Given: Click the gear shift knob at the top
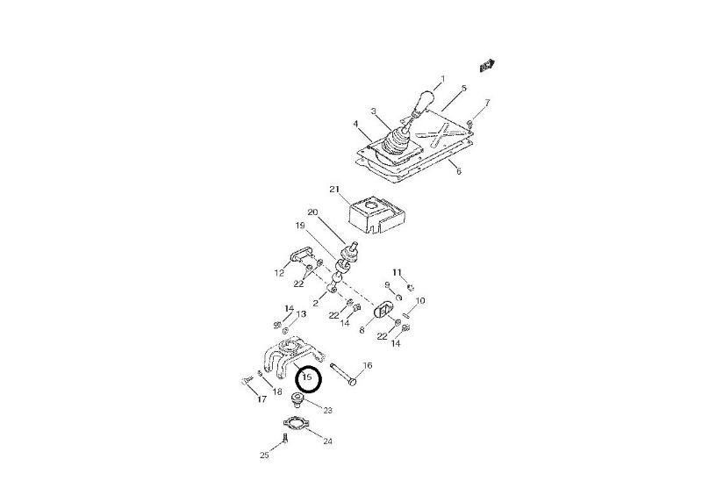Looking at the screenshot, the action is tap(424, 102).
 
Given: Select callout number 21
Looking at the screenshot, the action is tap(334, 189).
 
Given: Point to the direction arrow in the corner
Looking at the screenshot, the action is tap(486, 65).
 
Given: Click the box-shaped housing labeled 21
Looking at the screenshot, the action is tap(376, 214).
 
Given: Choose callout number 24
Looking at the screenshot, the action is tap(327, 442).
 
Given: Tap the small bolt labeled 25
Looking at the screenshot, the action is tap(284, 437).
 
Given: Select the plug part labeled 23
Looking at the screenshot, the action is tap(297, 398).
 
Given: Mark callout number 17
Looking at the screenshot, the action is tap(261, 398).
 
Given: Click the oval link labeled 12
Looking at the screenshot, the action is tap(300, 255).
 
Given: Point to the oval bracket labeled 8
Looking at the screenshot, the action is tap(383, 309).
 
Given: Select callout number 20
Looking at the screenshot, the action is tap(312, 212).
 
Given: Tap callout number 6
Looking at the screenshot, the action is tap(458, 171).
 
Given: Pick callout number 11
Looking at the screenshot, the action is tap(398, 272).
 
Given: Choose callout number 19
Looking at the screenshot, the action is tap(300, 226).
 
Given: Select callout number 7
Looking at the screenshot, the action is tap(487, 103).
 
